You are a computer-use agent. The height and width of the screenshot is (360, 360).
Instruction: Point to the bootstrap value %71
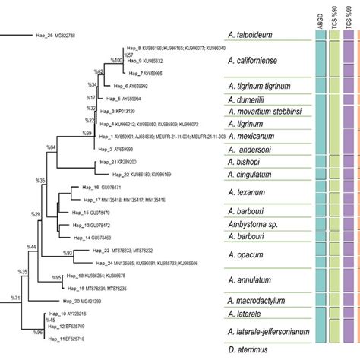tap(15, 298)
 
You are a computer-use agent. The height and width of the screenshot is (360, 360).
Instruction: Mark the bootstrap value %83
tap(68, 251)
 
